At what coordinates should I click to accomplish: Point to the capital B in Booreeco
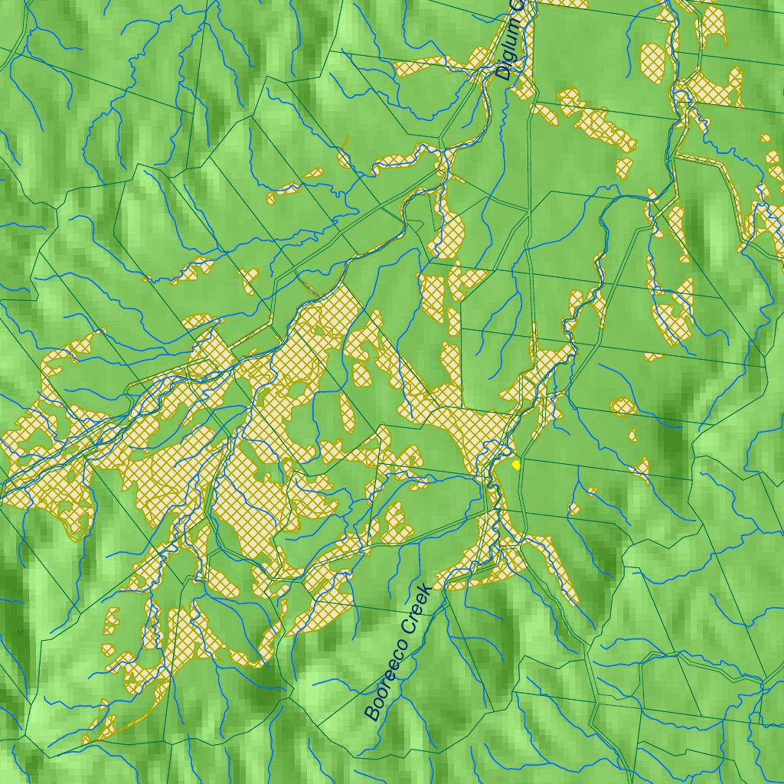[x=373, y=713]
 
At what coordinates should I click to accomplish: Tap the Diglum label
[x=509, y=42]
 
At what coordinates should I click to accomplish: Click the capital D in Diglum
[x=503, y=74]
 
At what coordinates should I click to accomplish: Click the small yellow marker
[x=516, y=464]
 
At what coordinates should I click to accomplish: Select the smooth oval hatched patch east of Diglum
[x=653, y=56]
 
